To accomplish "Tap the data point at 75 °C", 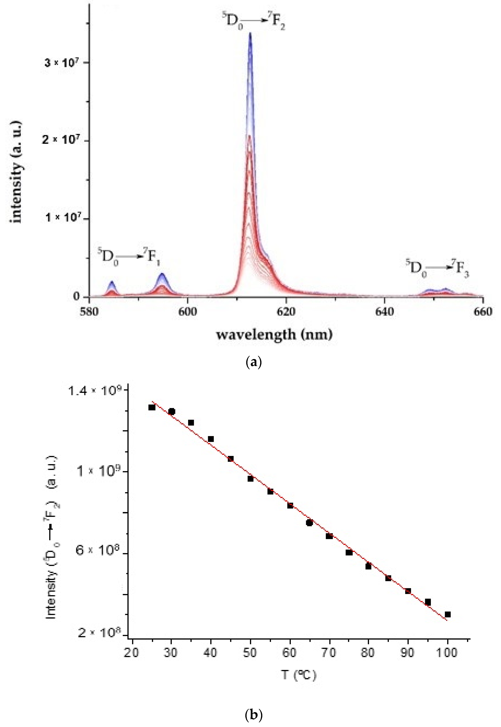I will point(349,552).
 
